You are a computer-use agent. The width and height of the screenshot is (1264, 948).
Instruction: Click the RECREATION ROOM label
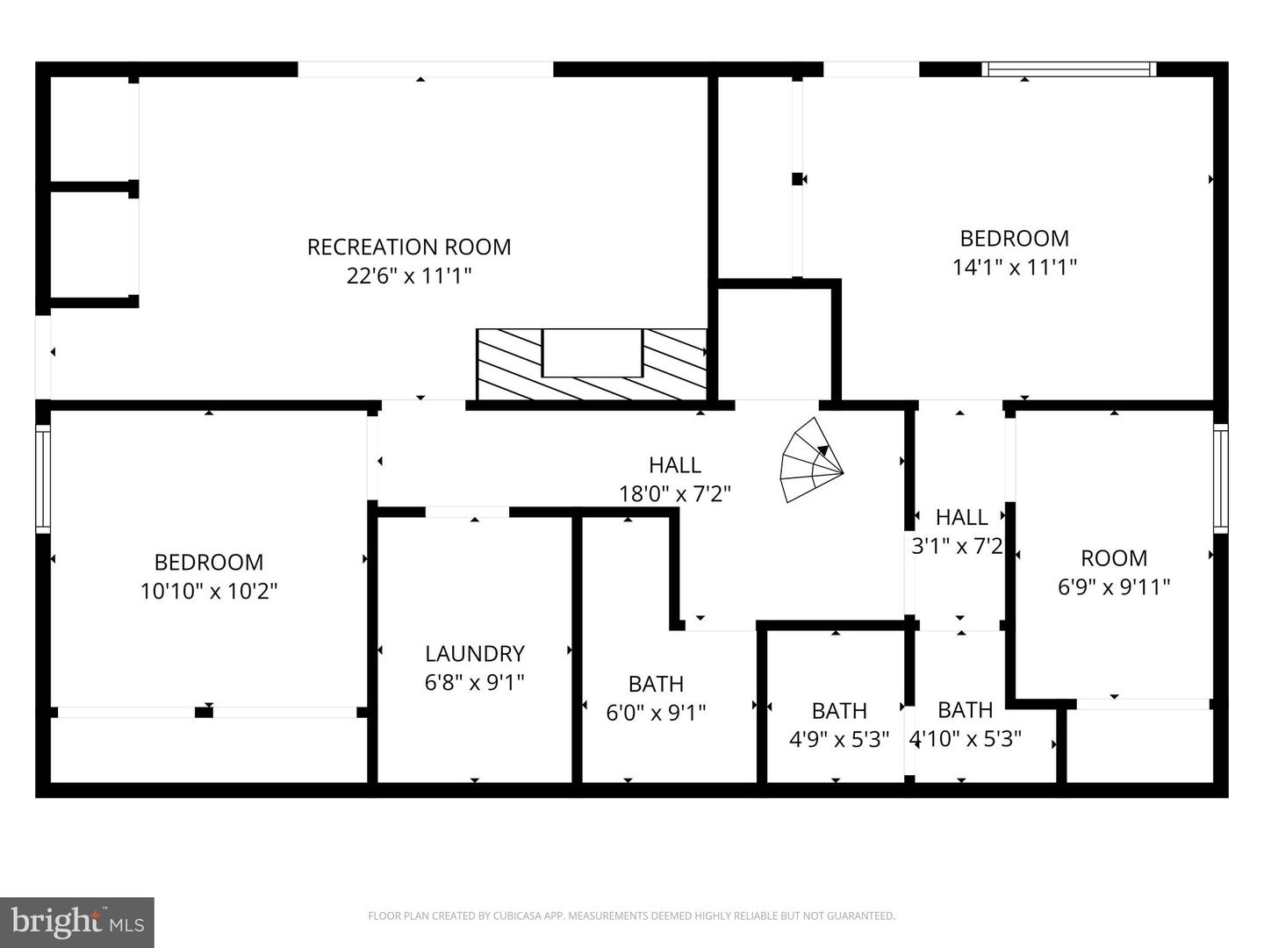[x=409, y=247]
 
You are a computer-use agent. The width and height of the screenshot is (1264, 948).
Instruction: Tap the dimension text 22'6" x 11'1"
[x=409, y=276]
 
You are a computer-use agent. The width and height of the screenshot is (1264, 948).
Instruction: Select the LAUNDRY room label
[x=475, y=653]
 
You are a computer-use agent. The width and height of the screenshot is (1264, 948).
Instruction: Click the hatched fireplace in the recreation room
[x=592, y=363]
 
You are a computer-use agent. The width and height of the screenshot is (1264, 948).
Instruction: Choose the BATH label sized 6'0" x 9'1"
[x=656, y=684]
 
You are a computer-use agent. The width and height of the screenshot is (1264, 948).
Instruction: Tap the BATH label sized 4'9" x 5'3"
[x=839, y=710]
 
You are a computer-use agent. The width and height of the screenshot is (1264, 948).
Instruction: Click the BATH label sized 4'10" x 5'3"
[x=965, y=709]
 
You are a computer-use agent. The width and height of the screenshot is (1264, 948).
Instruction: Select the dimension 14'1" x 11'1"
[x=1015, y=267]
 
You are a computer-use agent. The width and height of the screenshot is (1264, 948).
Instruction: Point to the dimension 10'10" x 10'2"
[x=209, y=591]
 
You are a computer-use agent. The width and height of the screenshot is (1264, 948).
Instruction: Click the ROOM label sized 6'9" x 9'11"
[x=1114, y=558]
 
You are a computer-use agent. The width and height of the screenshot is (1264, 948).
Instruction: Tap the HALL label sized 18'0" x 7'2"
[x=675, y=464]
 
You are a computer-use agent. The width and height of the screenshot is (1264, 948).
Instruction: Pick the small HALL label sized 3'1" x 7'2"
[x=961, y=517]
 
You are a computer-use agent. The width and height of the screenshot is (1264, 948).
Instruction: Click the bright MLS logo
[x=77, y=922]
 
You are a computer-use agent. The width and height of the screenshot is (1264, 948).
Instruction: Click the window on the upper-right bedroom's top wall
[x=1068, y=69]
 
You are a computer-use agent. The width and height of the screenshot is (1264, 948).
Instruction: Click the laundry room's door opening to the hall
[x=467, y=513]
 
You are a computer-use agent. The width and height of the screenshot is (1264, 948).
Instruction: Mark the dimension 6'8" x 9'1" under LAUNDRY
[x=475, y=682]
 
